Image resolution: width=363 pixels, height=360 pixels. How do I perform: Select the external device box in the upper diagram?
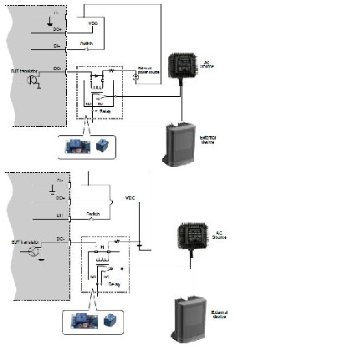point(177,144)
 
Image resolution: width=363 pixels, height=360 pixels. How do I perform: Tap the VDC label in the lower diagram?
point(129,198)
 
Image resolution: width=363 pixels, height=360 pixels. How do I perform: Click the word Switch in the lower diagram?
point(94,214)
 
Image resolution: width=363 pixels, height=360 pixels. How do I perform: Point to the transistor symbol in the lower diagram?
point(34,251)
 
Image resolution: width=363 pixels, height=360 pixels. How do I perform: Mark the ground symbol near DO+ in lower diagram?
point(52,191)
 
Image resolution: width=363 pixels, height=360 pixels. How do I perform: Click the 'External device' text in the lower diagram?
point(219,314)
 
